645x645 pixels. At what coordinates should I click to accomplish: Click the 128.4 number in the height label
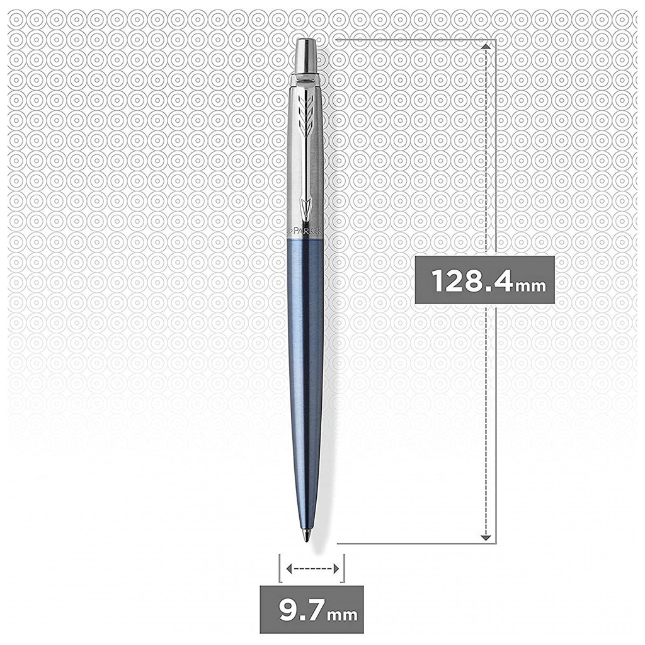pos(471,281)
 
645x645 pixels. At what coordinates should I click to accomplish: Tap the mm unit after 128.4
pos(530,285)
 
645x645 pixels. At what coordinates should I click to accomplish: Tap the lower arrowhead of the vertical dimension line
pos(485,537)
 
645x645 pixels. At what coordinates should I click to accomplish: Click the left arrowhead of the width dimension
pos(289,569)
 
